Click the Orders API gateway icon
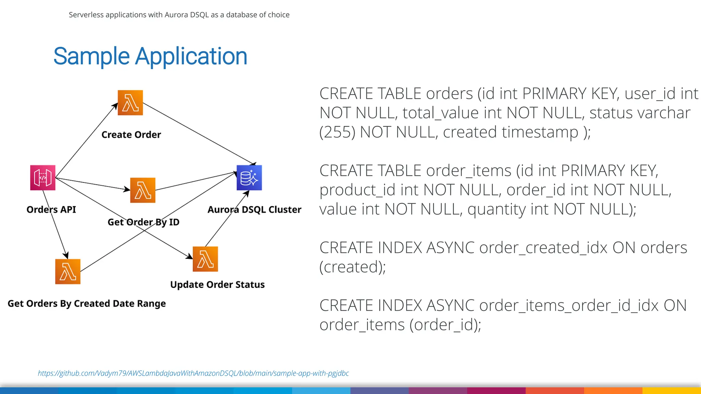(x=43, y=178)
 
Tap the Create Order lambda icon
(x=130, y=103)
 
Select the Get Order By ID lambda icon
(x=143, y=190)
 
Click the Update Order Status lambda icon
(x=205, y=259)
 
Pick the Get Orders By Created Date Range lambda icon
(x=68, y=272)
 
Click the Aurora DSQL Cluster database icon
(x=249, y=178)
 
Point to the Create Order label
(x=131, y=135)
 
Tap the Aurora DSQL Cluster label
(x=254, y=210)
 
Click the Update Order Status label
(x=217, y=285)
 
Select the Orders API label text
(x=51, y=210)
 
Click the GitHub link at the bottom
(x=193, y=373)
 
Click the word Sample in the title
(x=91, y=56)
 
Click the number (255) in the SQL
(x=337, y=132)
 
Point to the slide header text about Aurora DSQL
(x=179, y=15)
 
